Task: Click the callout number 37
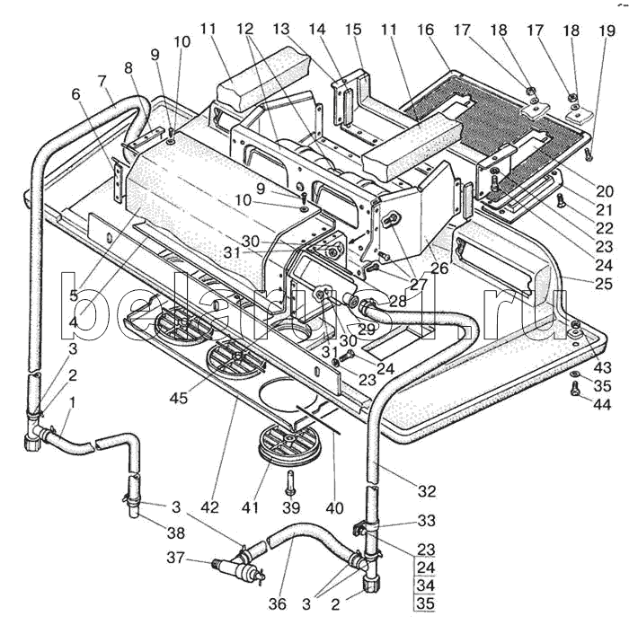point(175,558)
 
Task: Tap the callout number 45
point(179,398)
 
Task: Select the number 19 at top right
point(607,31)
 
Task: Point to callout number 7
point(102,81)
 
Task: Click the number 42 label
point(209,507)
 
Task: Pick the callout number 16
point(425,30)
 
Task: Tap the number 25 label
point(604,284)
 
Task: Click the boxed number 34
point(426,585)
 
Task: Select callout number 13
point(281,29)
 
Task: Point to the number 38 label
point(176,533)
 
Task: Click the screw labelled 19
point(588,154)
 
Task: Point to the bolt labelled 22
point(561,199)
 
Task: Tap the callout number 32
point(427,491)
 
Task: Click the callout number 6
point(75,94)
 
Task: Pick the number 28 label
point(397,302)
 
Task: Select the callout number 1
point(72,402)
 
